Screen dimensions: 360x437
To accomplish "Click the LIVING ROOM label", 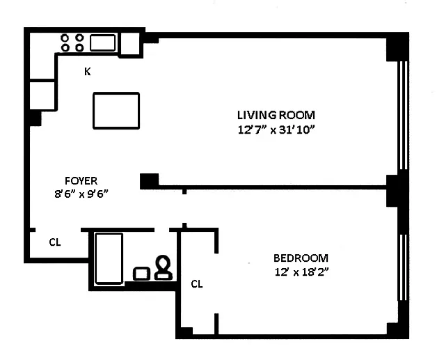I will (276, 115).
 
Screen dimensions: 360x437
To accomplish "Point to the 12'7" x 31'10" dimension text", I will (276, 130).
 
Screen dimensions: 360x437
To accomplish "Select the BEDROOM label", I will (301, 258).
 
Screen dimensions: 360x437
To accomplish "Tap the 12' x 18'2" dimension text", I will (301, 272).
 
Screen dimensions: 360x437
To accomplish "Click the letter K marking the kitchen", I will (88, 71).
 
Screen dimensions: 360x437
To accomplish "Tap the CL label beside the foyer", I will (55, 242).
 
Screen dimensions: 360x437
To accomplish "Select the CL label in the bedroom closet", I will (197, 284).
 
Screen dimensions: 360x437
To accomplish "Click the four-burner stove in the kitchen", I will (72, 42).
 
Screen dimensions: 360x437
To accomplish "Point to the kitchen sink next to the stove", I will (102, 43).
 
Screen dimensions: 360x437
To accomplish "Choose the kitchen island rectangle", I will (116, 110).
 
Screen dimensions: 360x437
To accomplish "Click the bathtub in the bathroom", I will (109, 258).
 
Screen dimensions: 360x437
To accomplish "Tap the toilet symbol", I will (164, 267).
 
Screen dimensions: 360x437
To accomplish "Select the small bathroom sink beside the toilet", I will (142, 273).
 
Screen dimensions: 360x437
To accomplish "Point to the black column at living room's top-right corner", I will (397, 47).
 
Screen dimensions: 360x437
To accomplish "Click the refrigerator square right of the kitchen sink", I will (130, 44).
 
